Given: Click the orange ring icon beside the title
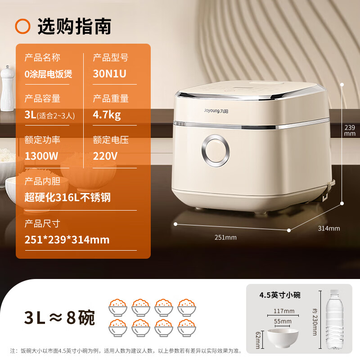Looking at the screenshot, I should click(22, 27).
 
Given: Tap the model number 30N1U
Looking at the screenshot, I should click(110, 74).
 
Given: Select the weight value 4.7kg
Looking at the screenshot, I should click(107, 115).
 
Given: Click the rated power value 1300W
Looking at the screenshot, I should click(41, 156).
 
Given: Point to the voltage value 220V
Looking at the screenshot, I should click(105, 156).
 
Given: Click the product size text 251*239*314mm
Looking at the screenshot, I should click(67, 239).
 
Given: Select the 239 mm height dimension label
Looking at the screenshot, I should click(350, 130).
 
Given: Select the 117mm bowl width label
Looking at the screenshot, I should click(283, 310).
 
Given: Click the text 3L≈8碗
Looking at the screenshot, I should click(60, 317).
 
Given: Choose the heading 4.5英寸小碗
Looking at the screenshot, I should click(280, 295).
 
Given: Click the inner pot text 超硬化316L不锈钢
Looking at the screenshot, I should click(67, 197).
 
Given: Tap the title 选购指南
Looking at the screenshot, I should click(74, 27).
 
